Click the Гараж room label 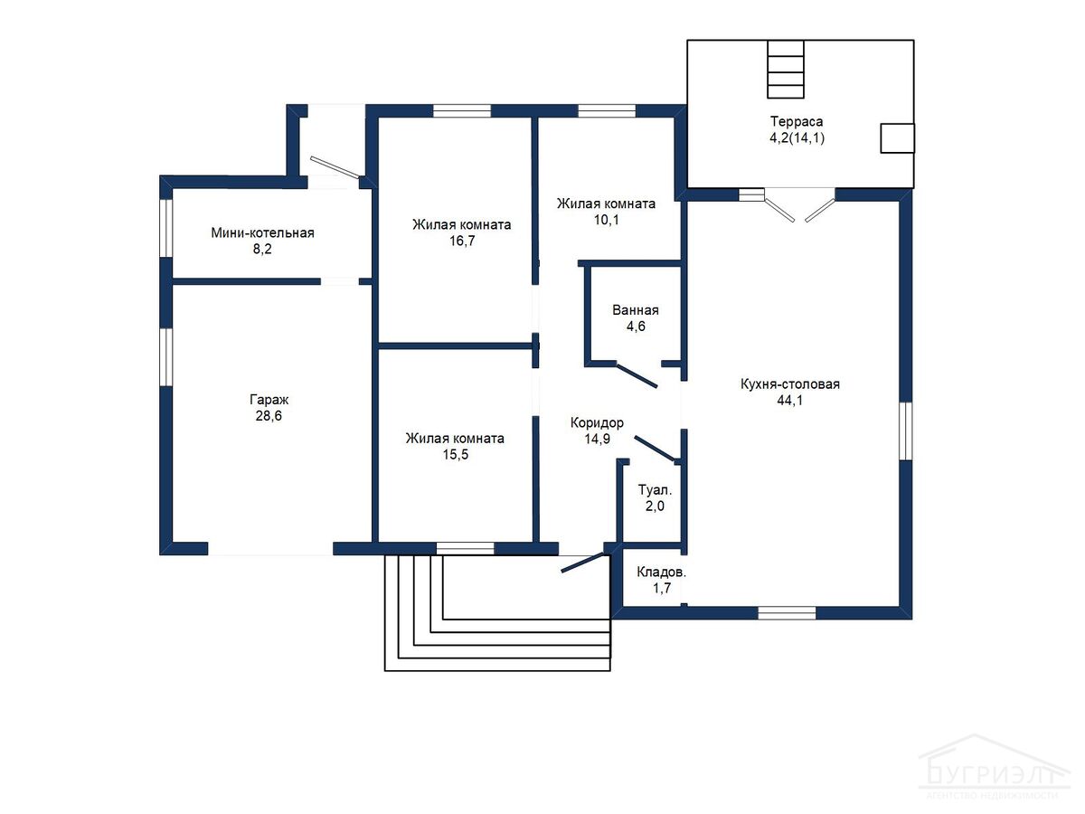[269, 400]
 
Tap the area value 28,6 [269, 416]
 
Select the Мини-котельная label [262, 232]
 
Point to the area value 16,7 [462, 241]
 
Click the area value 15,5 [456, 454]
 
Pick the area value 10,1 [606, 220]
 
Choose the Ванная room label [636, 310]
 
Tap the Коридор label [597, 422]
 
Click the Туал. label [655, 490]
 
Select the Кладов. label [661, 572]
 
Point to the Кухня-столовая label [790, 384]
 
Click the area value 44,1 [790, 401]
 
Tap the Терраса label [797, 121]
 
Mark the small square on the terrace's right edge [897, 137]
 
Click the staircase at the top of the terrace [786, 70]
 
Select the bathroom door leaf [637, 376]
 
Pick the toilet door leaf [656, 450]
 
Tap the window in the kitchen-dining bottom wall [787, 613]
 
